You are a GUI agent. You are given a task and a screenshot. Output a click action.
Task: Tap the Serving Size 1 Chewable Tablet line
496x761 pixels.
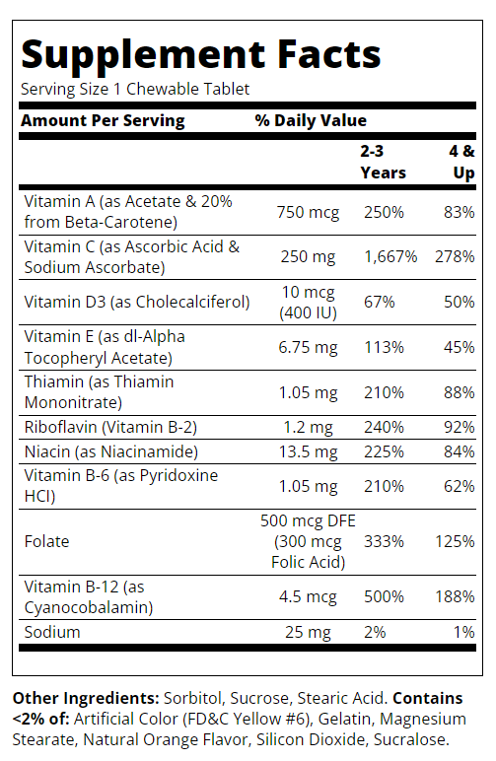(135, 90)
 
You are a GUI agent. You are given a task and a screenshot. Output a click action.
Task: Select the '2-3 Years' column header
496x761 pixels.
(383, 162)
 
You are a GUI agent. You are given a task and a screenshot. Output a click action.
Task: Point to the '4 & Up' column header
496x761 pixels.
(462, 162)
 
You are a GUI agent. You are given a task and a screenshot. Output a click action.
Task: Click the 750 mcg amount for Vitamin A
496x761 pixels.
(309, 213)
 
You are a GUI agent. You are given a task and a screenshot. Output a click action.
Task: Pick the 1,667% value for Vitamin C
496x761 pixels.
(390, 256)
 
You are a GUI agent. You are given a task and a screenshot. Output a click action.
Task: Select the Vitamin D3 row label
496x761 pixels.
(137, 302)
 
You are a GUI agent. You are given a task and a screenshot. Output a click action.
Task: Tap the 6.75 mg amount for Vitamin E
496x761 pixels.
(308, 348)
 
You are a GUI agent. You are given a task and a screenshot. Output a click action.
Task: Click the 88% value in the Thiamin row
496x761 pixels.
(460, 392)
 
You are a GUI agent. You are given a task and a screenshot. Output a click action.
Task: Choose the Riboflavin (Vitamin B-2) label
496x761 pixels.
(110, 427)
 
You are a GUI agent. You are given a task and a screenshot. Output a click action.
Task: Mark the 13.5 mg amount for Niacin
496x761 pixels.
(308, 451)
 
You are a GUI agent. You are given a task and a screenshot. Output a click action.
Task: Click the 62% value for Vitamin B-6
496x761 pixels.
(460, 486)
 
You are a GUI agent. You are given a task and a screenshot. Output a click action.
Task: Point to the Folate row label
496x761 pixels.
(47, 541)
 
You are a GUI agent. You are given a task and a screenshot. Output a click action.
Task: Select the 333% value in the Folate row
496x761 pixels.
(384, 541)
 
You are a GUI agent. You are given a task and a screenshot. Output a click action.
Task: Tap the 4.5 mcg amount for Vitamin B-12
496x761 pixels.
(308, 597)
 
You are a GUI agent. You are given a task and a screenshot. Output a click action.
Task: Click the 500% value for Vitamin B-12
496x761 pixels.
(384, 596)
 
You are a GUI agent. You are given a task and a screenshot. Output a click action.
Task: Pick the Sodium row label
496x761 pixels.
(52, 633)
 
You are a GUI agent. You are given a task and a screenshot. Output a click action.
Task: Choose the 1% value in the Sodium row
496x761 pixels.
(464, 632)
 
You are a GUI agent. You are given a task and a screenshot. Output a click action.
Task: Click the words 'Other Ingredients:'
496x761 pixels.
(86, 698)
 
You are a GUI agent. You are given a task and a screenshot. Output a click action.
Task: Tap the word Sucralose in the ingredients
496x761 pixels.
(411, 739)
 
